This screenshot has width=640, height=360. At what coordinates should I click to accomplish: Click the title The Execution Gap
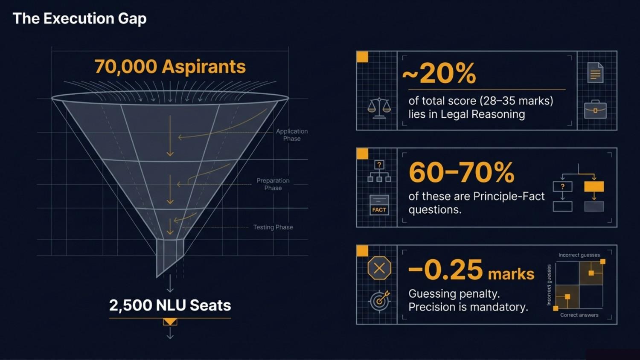(x=79, y=19)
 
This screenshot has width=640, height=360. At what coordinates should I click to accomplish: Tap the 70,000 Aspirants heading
(x=170, y=67)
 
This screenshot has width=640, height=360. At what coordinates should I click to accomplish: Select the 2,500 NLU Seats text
(x=170, y=305)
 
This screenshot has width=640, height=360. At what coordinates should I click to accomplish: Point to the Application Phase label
(x=292, y=135)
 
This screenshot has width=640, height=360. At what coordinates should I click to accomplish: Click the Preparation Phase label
(x=273, y=184)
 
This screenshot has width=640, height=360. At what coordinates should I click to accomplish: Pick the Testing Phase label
(x=273, y=227)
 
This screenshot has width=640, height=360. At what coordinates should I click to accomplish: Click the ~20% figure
(x=439, y=74)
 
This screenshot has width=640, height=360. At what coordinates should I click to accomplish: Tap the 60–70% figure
(x=461, y=172)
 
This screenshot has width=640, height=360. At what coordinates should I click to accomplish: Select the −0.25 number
(x=446, y=270)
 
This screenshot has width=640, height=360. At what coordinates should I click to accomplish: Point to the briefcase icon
(x=596, y=109)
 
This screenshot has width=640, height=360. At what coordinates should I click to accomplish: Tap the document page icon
(x=596, y=73)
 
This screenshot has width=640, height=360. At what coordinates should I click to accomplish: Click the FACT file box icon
(x=379, y=205)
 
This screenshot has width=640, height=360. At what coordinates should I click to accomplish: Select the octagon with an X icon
(x=379, y=268)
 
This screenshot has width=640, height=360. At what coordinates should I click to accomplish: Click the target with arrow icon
(x=380, y=301)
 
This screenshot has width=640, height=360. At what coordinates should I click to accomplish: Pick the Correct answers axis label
(x=579, y=315)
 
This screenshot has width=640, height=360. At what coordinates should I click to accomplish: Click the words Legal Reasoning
(x=483, y=114)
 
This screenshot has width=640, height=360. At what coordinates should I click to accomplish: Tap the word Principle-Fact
(x=509, y=196)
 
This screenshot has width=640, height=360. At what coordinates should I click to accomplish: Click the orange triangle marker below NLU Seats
(x=170, y=322)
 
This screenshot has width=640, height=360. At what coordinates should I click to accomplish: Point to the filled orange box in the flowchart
(x=594, y=186)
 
